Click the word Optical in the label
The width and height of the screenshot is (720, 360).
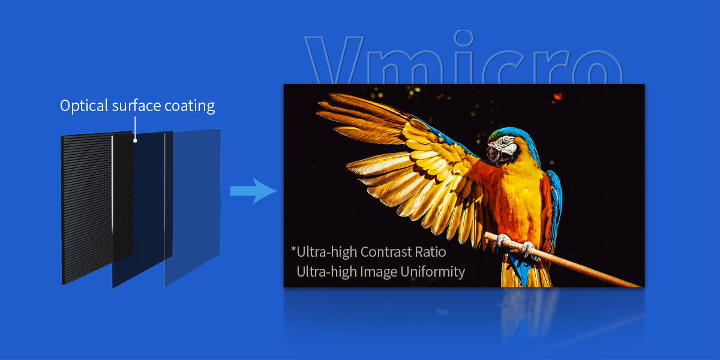[x=84, y=106]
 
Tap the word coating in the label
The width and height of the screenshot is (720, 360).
[x=190, y=106]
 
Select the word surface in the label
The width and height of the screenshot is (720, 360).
[x=136, y=106]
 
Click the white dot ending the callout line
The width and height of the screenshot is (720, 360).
[x=136, y=140]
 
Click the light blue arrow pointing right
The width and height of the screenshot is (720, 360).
[x=253, y=191]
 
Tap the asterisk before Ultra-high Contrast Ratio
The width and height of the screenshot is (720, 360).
[x=293, y=249]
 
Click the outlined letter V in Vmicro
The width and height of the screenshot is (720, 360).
[x=334, y=60]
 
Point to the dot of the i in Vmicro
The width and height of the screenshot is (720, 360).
[x=464, y=38]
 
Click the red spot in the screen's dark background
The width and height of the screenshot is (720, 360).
[x=557, y=97]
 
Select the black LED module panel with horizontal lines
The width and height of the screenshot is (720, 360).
[x=97, y=208]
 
